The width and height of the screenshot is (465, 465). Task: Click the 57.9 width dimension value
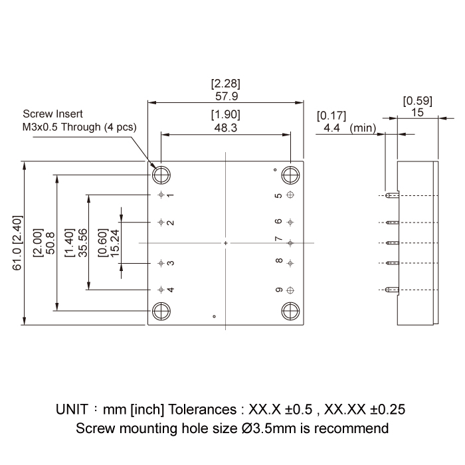pyautogui.click(x=225, y=96)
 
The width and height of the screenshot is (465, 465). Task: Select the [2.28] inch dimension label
pyautogui.click(x=225, y=84)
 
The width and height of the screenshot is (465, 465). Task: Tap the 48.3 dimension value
pyautogui.click(x=225, y=128)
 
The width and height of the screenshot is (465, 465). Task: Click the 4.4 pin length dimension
pyautogui.click(x=331, y=128)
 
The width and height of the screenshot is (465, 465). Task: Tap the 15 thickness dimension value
pyautogui.click(x=418, y=113)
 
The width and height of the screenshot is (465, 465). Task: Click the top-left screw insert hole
pyautogui.click(x=161, y=175)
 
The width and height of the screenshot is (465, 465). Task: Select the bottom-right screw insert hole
pyautogui.click(x=290, y=311)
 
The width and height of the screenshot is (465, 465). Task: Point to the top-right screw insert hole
pyautogui.click(x=290, y=175)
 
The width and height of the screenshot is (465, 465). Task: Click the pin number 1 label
pyautogui.click(x=171, y=195)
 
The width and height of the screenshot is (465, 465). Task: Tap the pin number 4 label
pyautogui.click(x=171, y=290)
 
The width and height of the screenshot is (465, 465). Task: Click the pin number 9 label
pyautogui.click(x=279, y=290)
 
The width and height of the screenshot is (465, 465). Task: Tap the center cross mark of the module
pyautogui.click(x=226, y=244)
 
